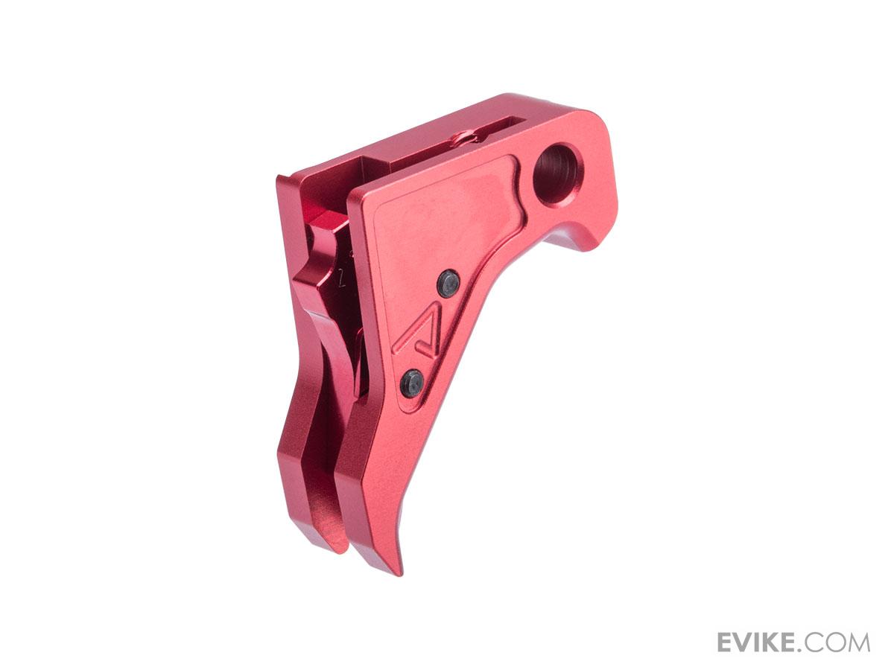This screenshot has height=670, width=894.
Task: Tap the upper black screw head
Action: pos(448,284)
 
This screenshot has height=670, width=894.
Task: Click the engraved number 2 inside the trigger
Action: pos(341,281)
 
